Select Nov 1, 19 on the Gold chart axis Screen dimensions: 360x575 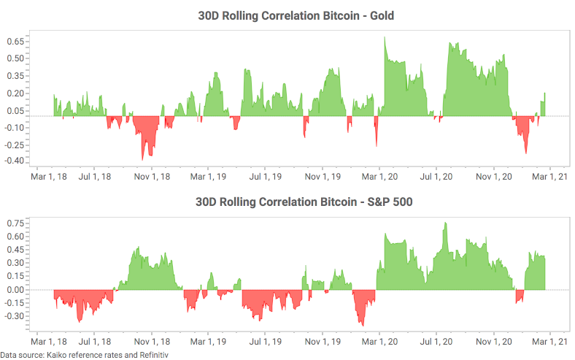322,176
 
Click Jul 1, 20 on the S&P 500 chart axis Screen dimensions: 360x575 436,340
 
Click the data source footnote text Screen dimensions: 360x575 85,355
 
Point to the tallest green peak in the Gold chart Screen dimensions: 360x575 385,37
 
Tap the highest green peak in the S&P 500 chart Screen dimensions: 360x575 444,223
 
